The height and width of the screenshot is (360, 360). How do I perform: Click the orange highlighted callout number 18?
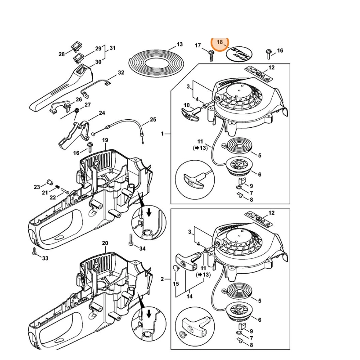click(220, 42)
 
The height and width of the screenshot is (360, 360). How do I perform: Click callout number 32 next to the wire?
click(121, 72)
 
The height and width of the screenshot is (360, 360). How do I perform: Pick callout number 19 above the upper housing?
click(105, 140)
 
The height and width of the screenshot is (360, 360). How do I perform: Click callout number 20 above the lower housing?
click(105, 243)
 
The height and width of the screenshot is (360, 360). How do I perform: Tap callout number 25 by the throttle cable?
click(153, 119)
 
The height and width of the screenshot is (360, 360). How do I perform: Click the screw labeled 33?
click(34, 252)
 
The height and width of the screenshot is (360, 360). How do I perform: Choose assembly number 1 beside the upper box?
click(163, 134)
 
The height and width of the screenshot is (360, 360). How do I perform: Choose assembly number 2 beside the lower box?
click(163, 279)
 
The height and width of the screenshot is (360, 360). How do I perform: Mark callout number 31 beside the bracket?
click(112, 48)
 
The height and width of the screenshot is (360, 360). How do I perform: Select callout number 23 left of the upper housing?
click(37, 186)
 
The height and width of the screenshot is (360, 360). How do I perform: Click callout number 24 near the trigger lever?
click(102, 113)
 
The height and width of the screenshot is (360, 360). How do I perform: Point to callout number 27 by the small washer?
click(88, 105)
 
